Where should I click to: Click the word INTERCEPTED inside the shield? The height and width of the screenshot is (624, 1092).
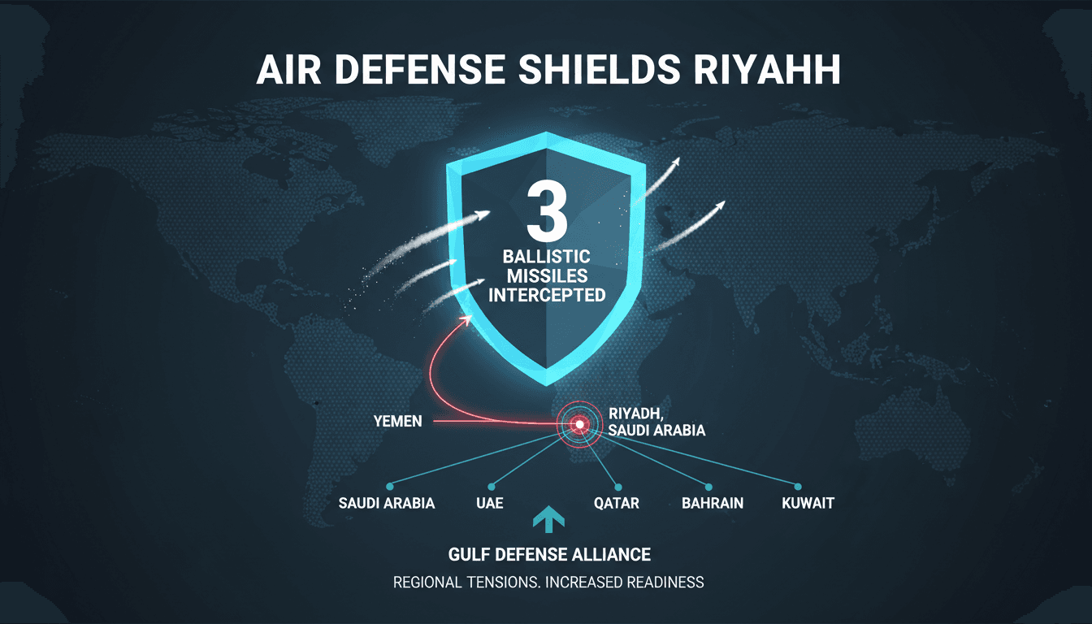point(552,294)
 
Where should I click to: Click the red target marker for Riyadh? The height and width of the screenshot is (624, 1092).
point(579,423)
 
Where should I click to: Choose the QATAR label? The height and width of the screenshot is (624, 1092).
point(617,503)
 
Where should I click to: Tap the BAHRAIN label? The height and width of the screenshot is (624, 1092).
point(713,503)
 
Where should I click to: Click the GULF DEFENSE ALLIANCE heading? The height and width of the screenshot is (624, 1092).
point(549,554)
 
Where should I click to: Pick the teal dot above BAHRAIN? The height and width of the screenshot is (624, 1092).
point(708,486)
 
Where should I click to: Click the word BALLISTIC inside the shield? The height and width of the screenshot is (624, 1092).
point(552,257)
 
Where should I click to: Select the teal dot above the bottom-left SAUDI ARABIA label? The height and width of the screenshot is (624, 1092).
point(389,486)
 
